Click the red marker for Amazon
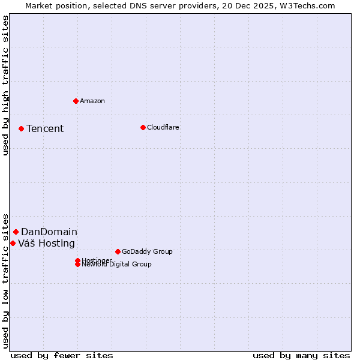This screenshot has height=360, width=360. point(76,101)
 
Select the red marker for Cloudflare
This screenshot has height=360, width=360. point(143,127)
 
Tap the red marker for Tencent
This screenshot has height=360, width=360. point(21,128)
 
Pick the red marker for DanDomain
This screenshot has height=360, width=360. point(16,232)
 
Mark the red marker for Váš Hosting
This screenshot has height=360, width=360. point(13,243)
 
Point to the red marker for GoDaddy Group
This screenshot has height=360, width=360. point(118,251)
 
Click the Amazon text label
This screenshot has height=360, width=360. point(92,101)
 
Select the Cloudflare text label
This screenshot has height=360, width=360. point(163,127)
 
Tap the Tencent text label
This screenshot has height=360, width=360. point(45,128)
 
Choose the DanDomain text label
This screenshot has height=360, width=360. point(49,232)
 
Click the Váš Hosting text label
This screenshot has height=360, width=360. point(46,243)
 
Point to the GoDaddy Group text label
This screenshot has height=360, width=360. point(147,251)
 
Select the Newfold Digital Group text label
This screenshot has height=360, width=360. point(116,265)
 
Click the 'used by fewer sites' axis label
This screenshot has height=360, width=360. point(62,355)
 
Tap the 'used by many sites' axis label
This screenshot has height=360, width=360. point(301,355)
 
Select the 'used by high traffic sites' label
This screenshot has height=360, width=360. point(5,85)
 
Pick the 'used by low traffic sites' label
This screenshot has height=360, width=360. point(5,280)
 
